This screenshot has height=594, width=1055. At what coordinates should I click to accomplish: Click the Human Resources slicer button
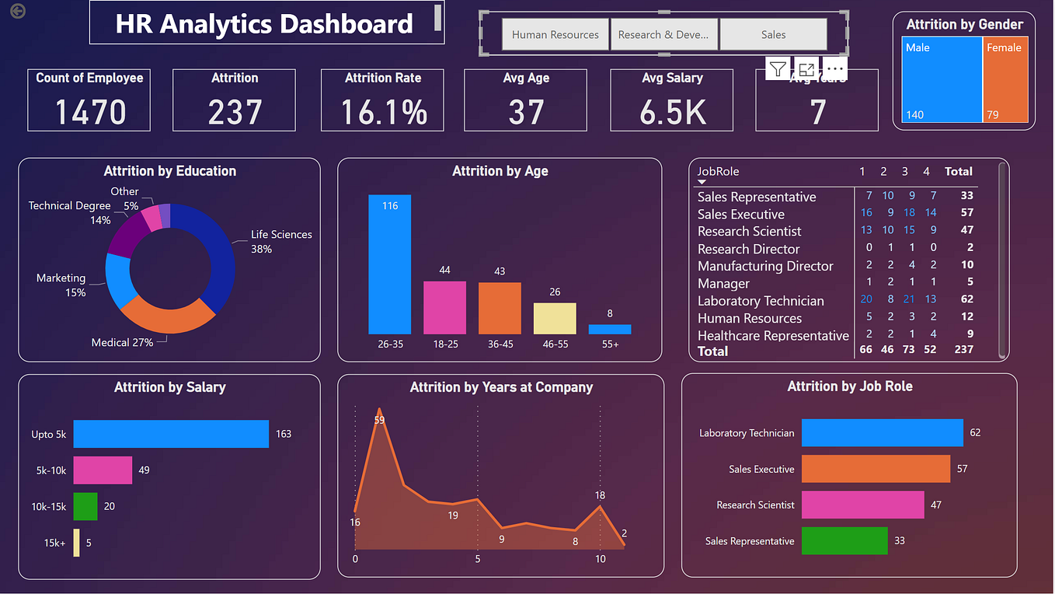coord(555,35)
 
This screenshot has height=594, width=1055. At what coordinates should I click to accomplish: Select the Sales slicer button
coord(773,35)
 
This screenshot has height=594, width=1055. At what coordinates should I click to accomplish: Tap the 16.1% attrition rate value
coord(385,112)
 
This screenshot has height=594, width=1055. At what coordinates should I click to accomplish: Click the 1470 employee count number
coord(90,112)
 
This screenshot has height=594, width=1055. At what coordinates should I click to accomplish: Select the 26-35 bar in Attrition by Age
coord(390,264)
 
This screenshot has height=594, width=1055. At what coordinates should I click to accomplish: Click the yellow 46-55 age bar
coord(555,319)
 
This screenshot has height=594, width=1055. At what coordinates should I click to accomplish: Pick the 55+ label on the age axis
coord(610,344)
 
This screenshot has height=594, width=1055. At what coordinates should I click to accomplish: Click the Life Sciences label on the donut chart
coord(281,235)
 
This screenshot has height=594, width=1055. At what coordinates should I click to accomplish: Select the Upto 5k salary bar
coord(171,434)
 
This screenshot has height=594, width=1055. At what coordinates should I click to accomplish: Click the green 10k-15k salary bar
coord(85,506)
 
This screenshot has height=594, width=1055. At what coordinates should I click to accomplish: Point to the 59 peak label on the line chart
coord(379,420)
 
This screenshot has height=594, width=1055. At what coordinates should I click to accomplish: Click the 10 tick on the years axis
coord(600,559)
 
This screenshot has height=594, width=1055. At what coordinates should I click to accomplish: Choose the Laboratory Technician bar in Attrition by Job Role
coord(882,433)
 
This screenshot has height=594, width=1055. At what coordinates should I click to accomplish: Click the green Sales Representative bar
coord(844,541)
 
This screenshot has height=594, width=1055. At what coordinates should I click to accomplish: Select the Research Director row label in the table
coord(749,249)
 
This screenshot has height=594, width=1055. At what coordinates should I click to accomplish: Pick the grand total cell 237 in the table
coord(963,350)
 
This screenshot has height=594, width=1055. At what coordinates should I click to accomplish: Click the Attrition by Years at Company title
coord(501,387)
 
